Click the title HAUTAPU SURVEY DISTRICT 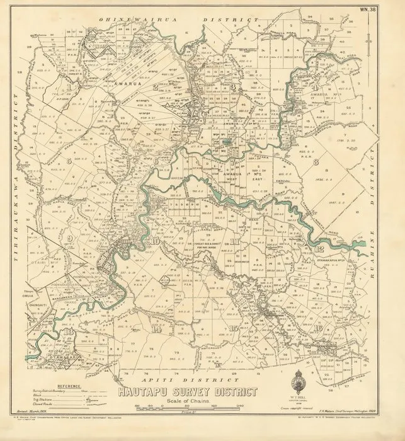click(187, 392)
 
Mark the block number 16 click(318, 328)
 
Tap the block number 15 click(234, 328)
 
